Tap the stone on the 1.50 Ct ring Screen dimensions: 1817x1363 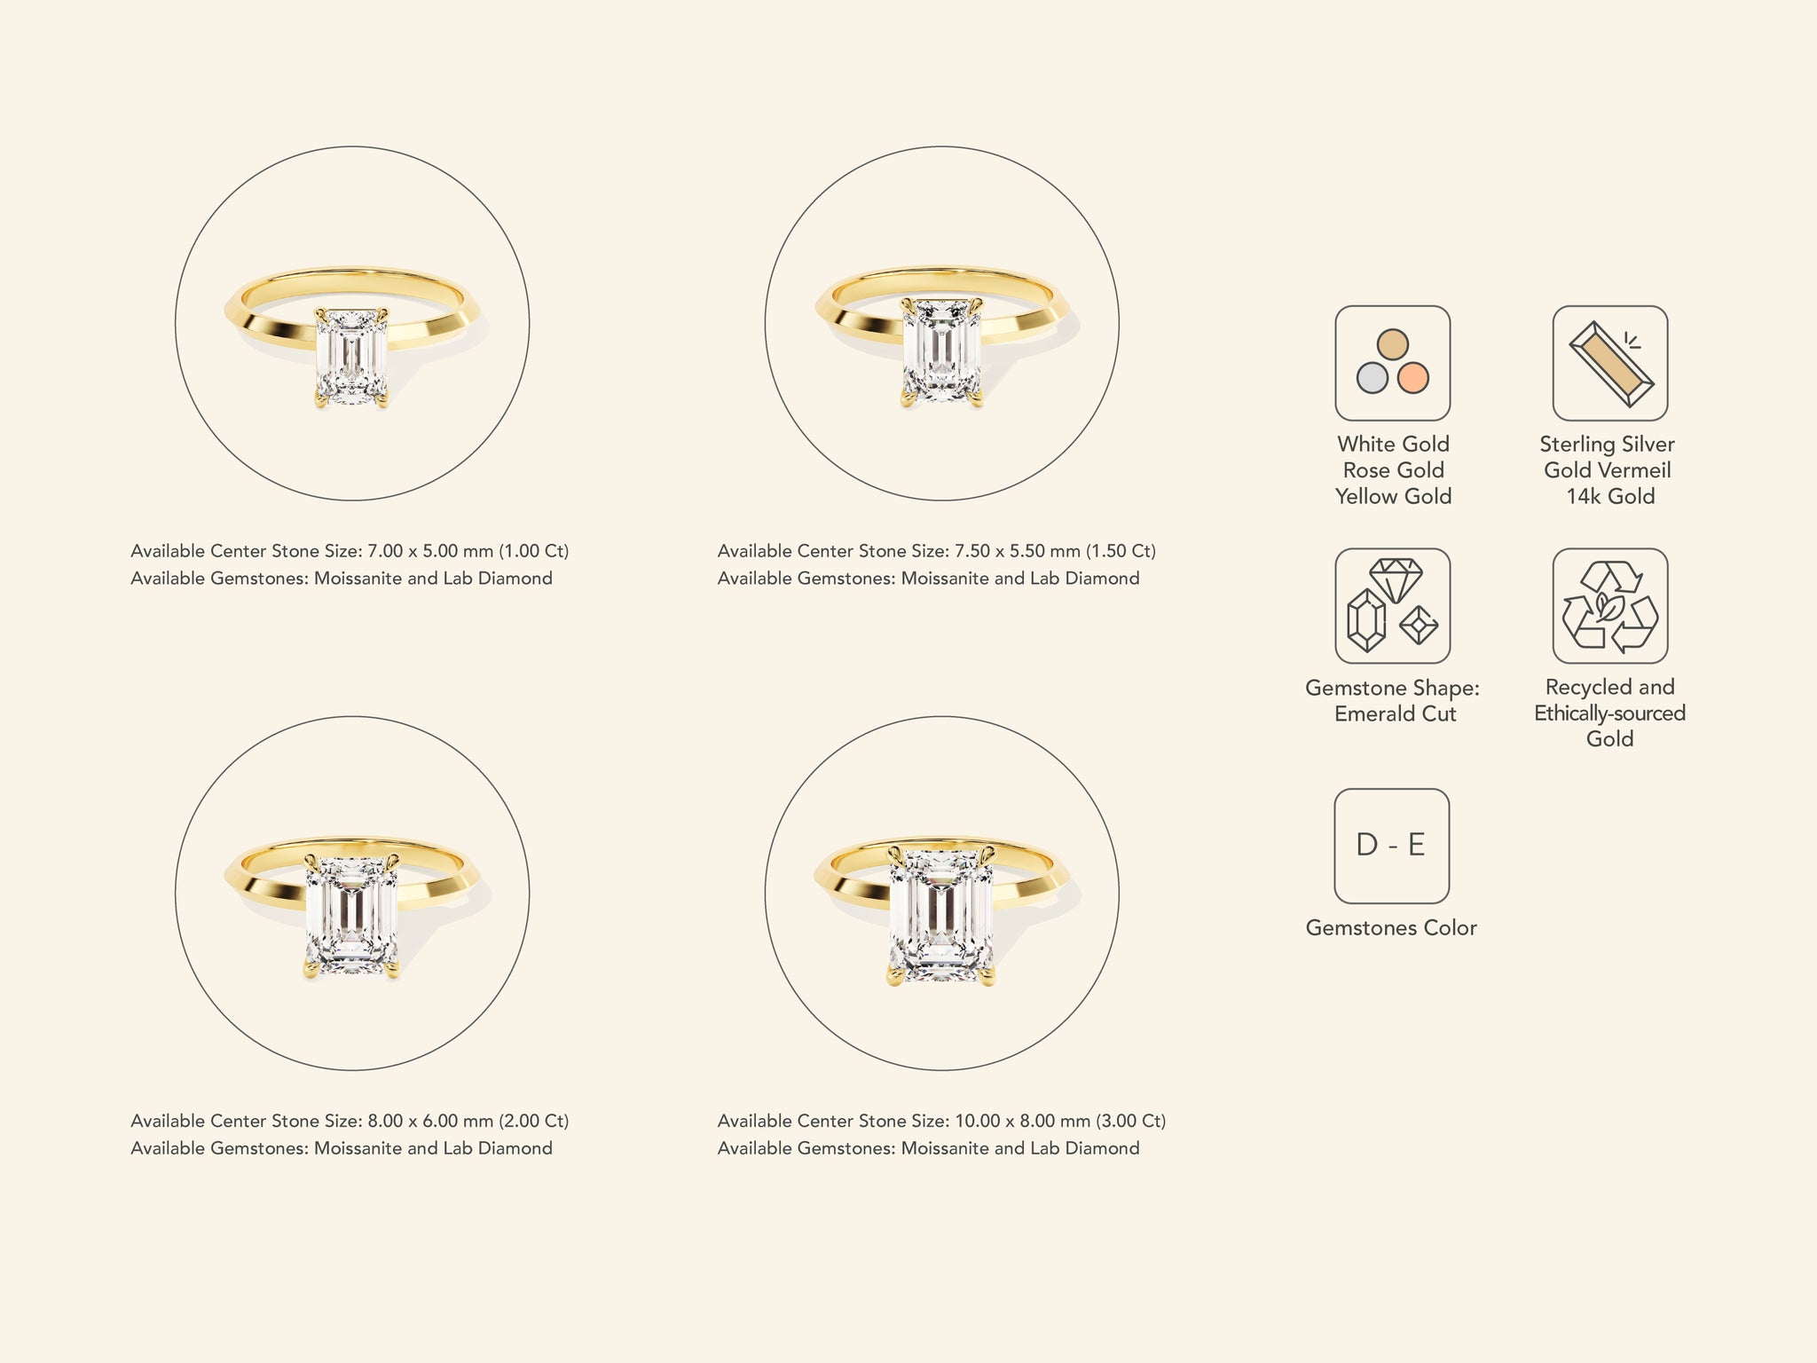941,351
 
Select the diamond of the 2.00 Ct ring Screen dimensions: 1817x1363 351,916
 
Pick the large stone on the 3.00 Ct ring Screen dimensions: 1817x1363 941,914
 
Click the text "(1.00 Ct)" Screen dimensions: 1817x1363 533,551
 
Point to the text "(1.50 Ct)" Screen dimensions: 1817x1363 1121,551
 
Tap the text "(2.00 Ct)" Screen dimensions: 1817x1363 533,1121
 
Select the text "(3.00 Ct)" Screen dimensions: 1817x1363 1130,1121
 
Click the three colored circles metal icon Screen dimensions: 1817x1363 1392,363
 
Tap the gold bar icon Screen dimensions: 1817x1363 1609,363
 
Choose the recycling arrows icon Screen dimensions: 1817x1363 1609,606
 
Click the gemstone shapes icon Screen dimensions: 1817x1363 1392,606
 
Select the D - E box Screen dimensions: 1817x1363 1391,846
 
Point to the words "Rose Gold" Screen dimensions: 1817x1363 1393,470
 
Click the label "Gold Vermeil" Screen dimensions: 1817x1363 1608,470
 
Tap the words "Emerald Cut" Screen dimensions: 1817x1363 1395,713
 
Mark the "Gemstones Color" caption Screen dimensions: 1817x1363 1391,928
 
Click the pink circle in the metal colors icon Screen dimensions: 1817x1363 1413,378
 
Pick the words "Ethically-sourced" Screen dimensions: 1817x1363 1609,713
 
